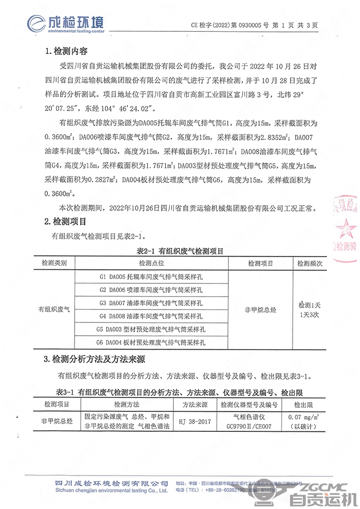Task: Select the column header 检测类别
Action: click(x=55, y=263)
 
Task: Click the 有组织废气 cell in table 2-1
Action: click(x=55, y=310)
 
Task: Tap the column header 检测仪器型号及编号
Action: click(x=249, y=405)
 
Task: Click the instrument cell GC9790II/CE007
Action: click(x=249, y=426)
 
